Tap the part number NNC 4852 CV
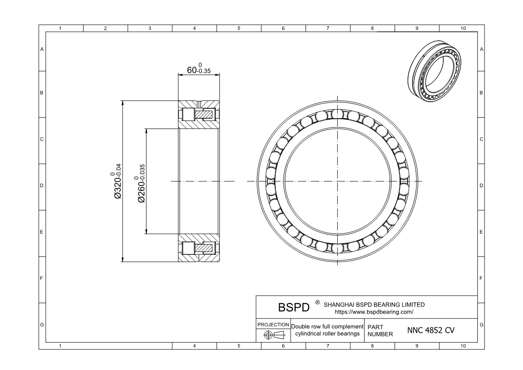coord(431,331)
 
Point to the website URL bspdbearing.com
coord(374,312)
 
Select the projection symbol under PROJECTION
coord(273,335)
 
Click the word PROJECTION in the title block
coord(273,324)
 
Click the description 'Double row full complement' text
coord(327,327)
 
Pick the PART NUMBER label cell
coord(380,331)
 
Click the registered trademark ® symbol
coord(317,302)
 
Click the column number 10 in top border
coord(463,29)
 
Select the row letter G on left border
coord(42,324)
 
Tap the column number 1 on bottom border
coord(60,346)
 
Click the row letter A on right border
coord(481,49)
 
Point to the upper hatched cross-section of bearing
coord(199,114)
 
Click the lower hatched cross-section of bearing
coord(199,248)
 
